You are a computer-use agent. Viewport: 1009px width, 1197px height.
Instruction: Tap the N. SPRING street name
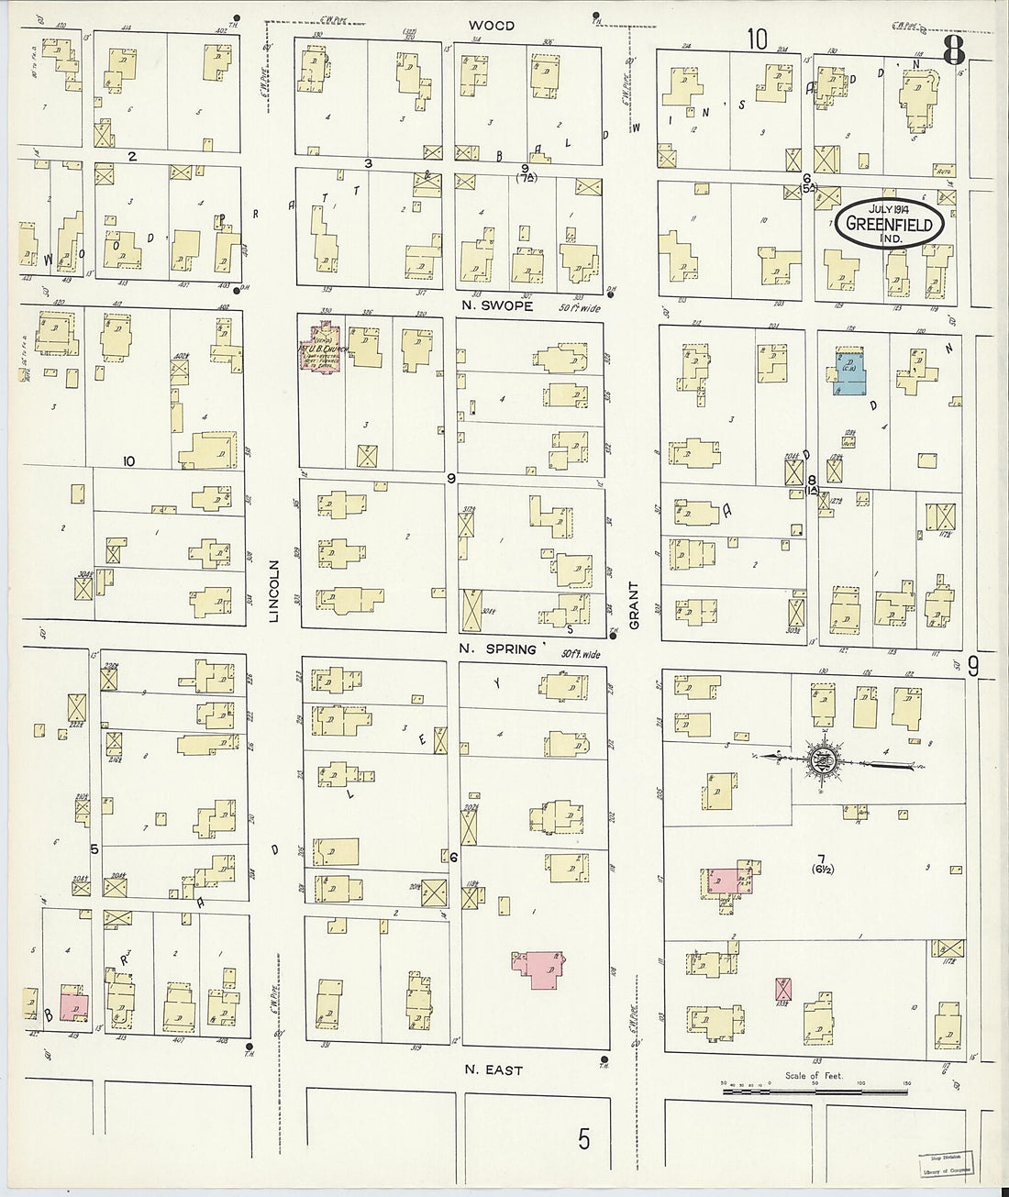(499, 649)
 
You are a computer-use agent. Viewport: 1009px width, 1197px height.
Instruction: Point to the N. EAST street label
(493, 1070)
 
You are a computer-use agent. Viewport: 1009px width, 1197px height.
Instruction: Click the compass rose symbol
(822, 759)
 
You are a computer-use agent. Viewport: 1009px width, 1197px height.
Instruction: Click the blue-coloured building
(850, 373)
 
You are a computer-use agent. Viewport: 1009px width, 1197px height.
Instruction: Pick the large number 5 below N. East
(583, 1138)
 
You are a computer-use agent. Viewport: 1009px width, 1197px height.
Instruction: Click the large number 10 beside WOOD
(756, 39)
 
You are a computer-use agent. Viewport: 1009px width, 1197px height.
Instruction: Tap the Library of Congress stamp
(948, 1163)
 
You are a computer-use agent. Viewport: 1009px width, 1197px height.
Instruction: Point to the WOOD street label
(491, 26)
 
